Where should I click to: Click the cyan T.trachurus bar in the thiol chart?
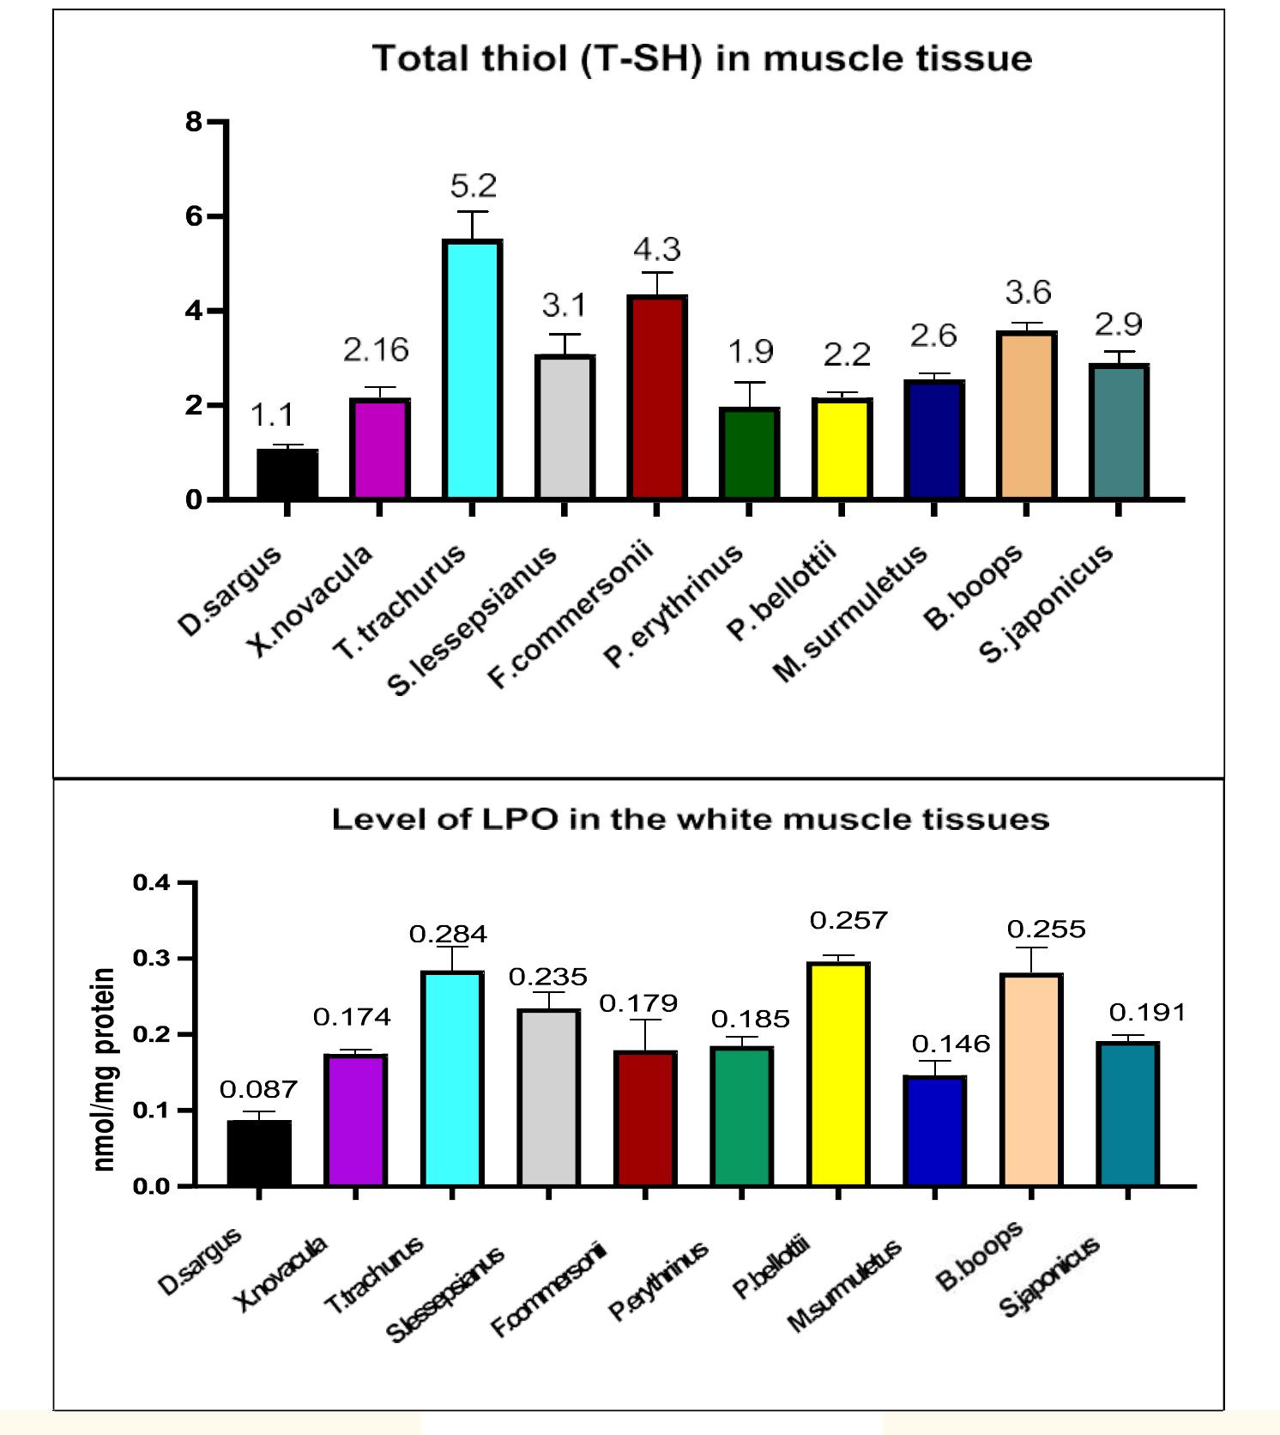[x=473, y=371]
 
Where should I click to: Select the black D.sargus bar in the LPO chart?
[x=259, y=1153]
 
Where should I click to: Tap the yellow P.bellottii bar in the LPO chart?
[x=839, y=1075]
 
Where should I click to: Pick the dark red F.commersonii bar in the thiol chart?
[x=657, y=397]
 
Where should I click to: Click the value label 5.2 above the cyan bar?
[x=474, y=185]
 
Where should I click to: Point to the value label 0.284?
[x=448, y=934]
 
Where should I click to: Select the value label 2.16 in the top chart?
[x=376, y=349]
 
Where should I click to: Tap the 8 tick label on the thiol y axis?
[x=193, y=122]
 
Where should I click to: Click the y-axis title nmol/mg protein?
[x=104, y=1069]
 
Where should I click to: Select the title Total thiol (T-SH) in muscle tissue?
[x=702, y=58]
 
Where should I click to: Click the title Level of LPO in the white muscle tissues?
[x=691, y=819]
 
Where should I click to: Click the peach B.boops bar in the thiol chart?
[x=1027, y=415]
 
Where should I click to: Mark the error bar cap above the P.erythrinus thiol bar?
[x=749, y=383]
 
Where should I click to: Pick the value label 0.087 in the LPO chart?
[x=258, y=1089]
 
